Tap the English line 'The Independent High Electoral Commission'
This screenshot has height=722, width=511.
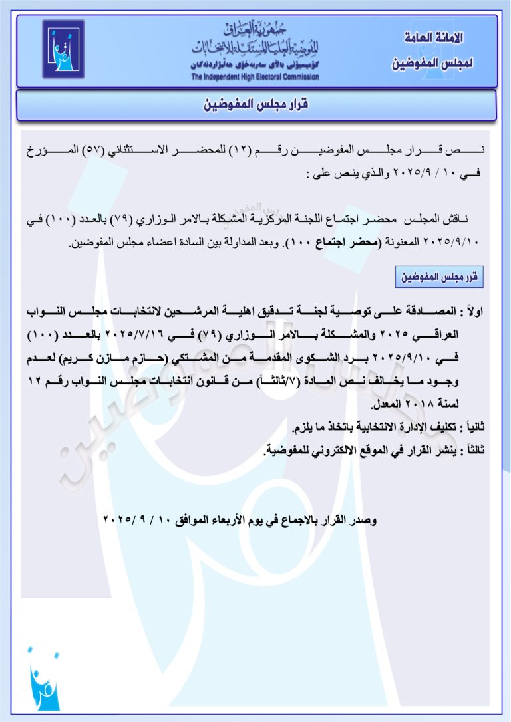click(x=255, y=77)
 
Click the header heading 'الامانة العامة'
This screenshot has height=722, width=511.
click(x=433, y=38)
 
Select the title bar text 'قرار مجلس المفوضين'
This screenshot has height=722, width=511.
click(x=255, y=105)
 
